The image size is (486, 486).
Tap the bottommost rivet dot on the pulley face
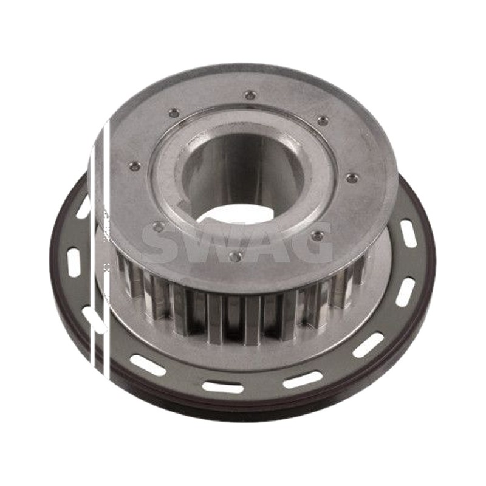coord(234,255)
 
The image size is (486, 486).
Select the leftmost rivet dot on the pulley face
coord(134,166)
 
